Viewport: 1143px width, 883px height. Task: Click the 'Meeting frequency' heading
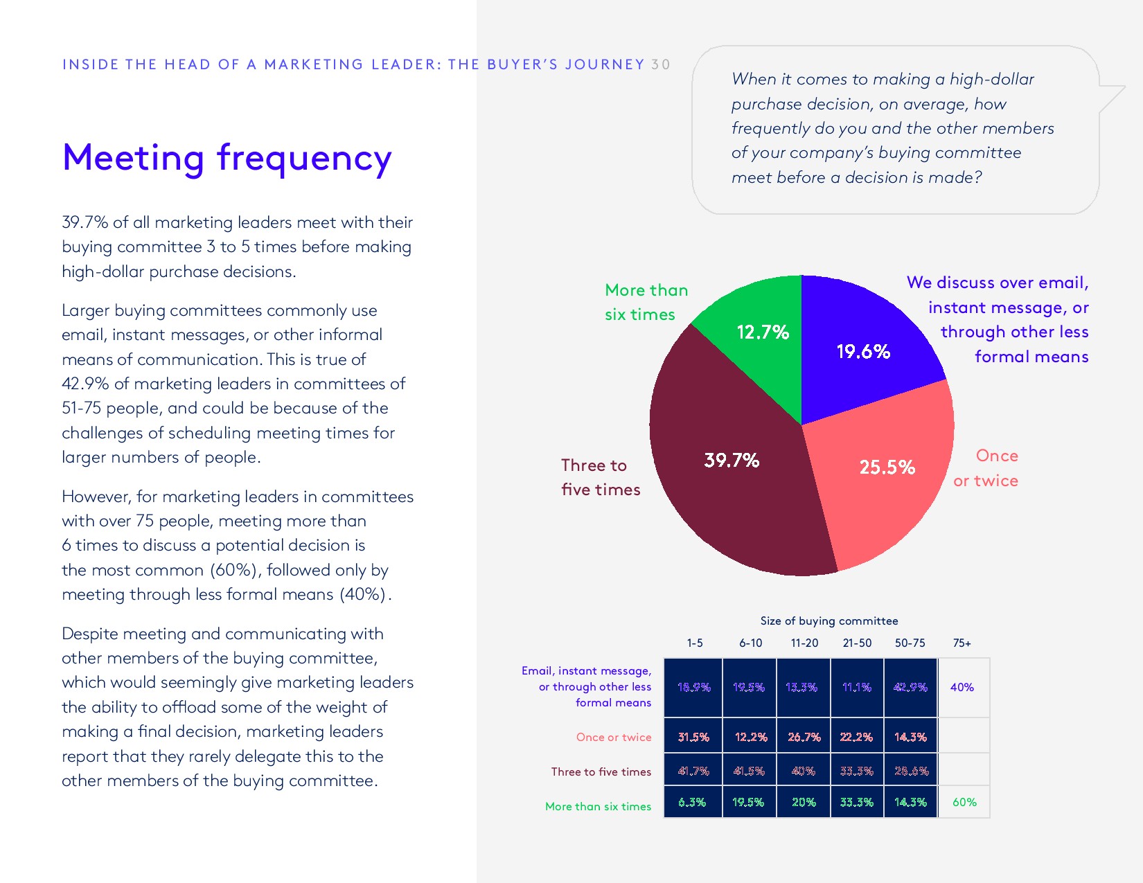227,158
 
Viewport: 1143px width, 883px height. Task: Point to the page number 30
660,64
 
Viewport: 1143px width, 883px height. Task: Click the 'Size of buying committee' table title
829,621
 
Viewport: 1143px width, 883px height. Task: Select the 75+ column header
962,643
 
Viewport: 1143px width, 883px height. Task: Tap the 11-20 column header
804,643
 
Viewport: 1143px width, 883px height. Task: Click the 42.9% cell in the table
910,687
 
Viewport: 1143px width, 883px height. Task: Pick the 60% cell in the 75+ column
964,802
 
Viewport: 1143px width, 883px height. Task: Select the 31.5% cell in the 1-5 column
693,737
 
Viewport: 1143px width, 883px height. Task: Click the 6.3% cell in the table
692,802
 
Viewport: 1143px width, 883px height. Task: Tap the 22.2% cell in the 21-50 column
856,737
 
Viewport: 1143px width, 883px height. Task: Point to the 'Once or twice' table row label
613,737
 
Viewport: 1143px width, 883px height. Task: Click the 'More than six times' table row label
598,806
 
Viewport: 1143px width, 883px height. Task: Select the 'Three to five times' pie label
600,477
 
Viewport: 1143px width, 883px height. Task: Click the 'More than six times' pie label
646,302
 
